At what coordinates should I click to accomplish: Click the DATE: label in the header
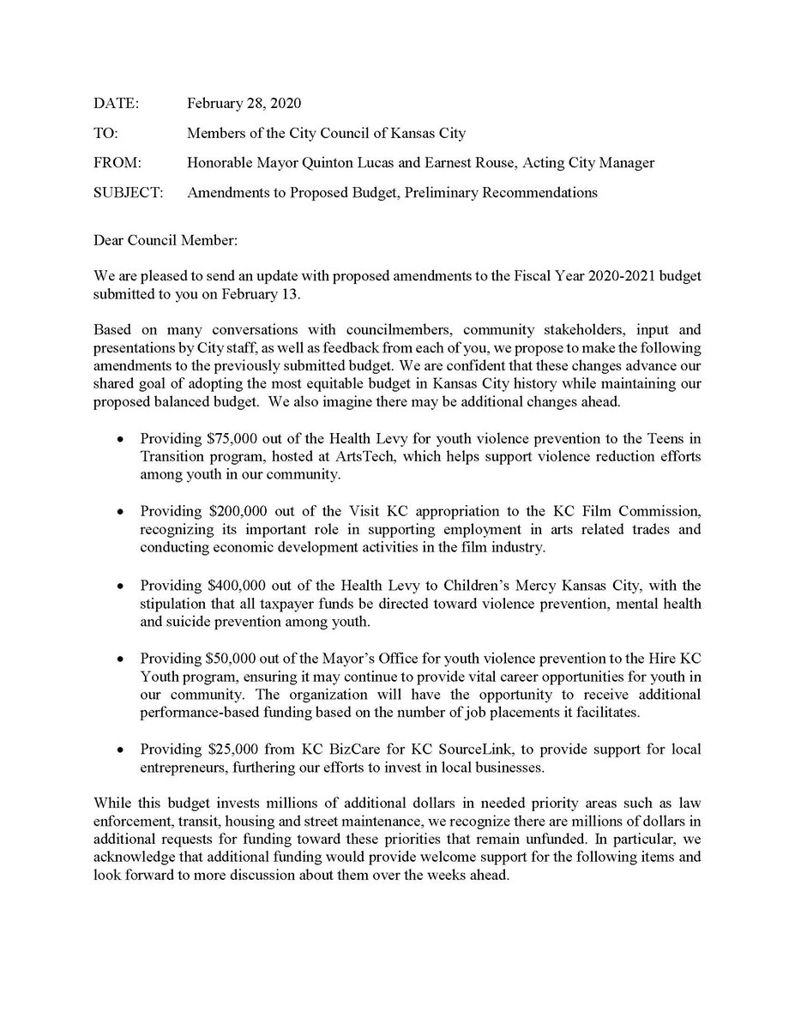116,104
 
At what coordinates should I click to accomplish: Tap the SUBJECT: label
129,192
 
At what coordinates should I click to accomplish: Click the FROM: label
118,163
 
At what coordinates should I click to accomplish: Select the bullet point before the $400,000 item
123,587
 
